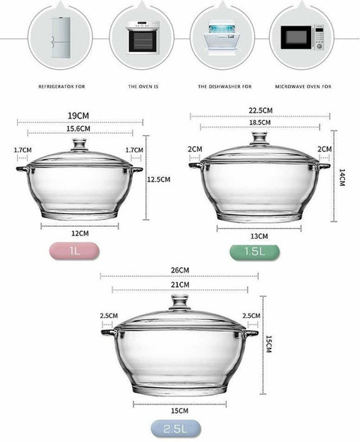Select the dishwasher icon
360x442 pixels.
(x=220, y=37)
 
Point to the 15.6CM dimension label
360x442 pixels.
(x=80, y=129)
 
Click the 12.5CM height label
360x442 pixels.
(x=159, y=179)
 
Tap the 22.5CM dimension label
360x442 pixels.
(x=261, y=110)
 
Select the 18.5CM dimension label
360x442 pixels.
(x=261, y=122)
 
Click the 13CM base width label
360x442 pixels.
(x=260, y=236)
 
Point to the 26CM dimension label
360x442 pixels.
(x=180, y=270)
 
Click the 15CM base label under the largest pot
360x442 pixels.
(x=180, y=411)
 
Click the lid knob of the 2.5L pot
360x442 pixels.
(x=180, y=302)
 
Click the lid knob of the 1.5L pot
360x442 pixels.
(x=259, y=139)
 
